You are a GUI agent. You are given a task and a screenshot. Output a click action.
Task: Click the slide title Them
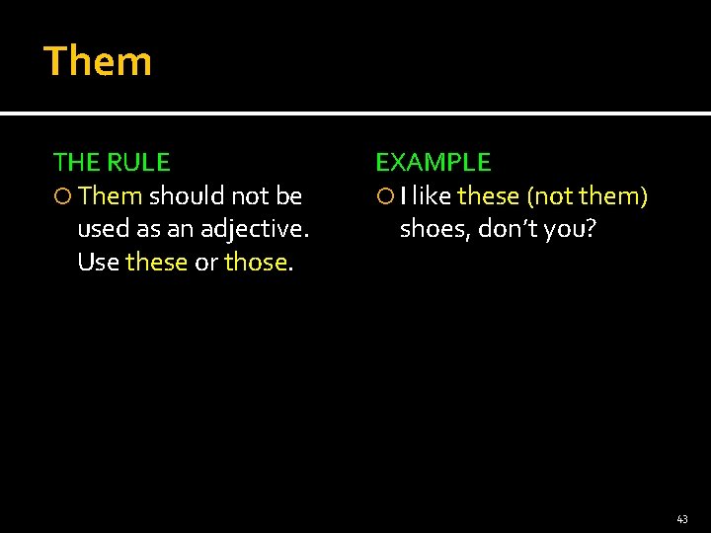pos(98,61)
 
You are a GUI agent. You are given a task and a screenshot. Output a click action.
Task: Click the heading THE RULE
pos(112,162)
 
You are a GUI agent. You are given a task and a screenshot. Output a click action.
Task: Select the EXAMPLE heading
pos(433,162)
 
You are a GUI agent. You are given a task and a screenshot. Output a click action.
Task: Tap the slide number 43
pos(681,518)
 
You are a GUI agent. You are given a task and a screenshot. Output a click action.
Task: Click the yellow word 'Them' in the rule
pos(111,196)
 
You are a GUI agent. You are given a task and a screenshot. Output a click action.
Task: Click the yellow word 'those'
pos(256,263)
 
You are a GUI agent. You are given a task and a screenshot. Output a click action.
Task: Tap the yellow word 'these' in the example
pos(488,196)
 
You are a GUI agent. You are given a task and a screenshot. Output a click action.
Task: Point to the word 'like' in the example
pos(433,196)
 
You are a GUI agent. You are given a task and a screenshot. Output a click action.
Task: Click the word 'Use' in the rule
pos(98,263)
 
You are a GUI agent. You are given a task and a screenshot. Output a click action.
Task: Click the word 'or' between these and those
pos(205,263)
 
